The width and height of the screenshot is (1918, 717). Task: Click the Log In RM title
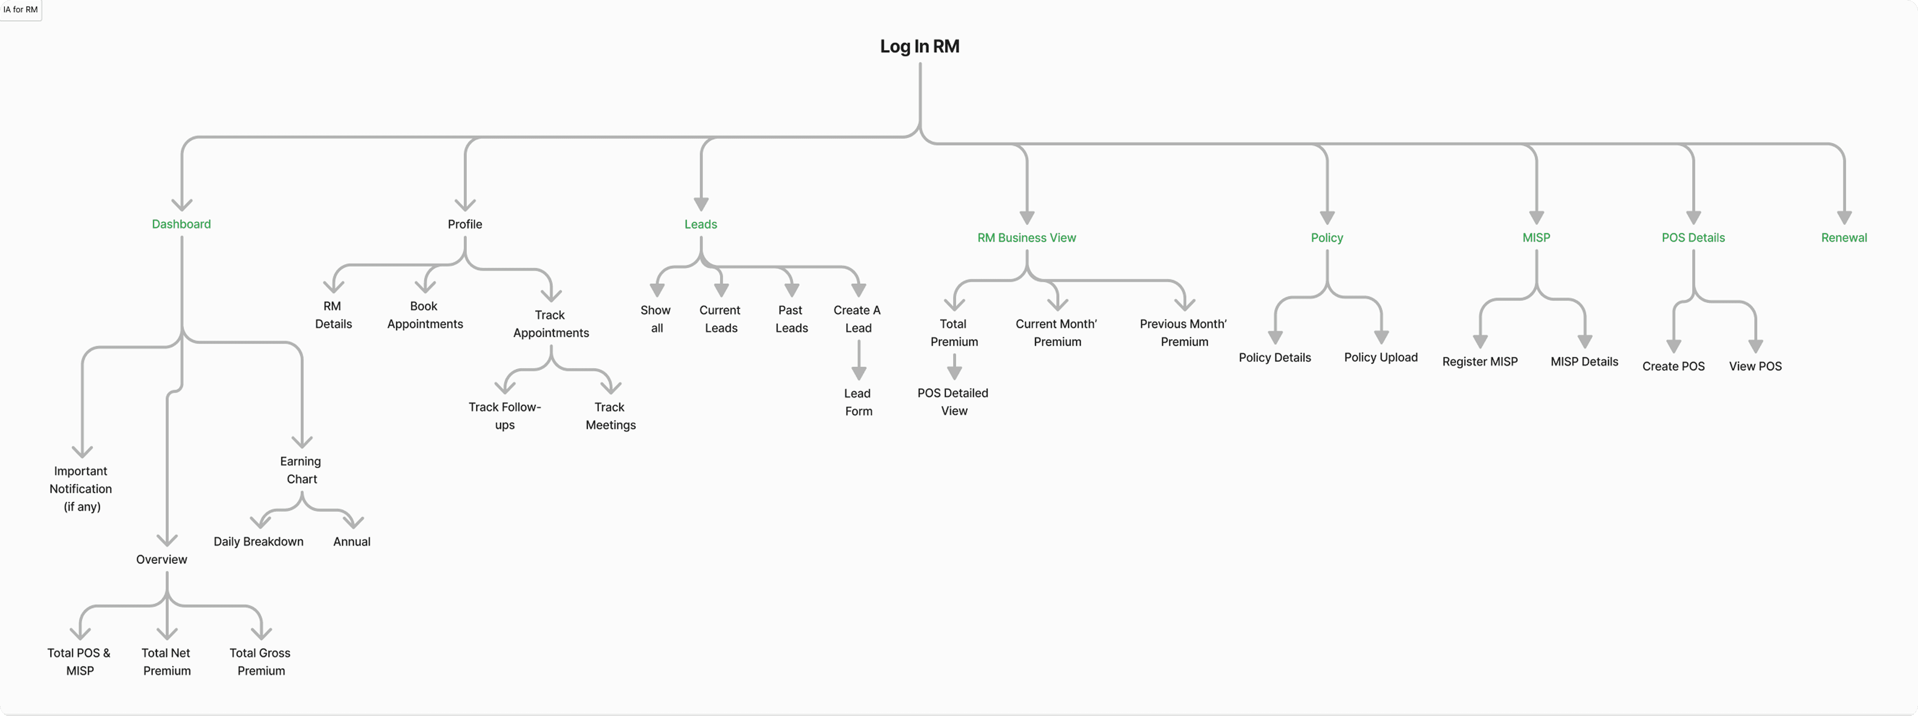pyautogui.click(x=919, y=46)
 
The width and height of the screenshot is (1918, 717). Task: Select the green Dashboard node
pyautogui.click(x=181, y=224)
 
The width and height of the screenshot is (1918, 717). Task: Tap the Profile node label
pyautogui.click(x=465, y=224)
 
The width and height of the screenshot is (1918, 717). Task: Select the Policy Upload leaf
pyautogui.click(x=1380, y=358)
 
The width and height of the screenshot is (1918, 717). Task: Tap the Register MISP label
pyautogui.click(x=1479, y=362)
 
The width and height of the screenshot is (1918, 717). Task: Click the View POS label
pyautogui.click(x=1755, y=366)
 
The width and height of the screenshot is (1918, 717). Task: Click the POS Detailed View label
pyautogui.click(x=953, y=402)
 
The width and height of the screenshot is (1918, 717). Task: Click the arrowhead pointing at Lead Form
pyautogui.click(x=858, y=372)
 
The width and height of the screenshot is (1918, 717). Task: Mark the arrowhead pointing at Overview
pyautogui.click(x=167, y=539)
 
